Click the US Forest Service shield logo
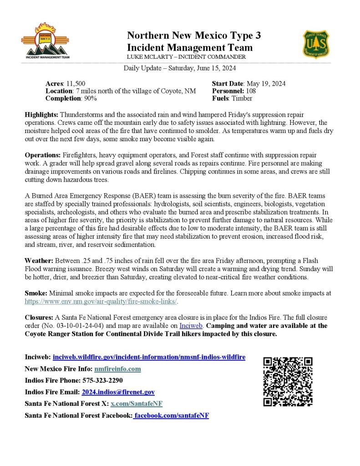tap(317, 44)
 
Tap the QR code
tap(288, 382)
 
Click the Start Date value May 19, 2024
tap(265, 84)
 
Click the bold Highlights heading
tap(41, 115)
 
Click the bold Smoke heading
tap(35, 294)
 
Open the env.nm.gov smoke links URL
tap(101, 302)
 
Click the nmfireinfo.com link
tap(117, 369)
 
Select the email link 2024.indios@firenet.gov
tap(118, 392)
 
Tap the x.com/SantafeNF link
tap(137, 404)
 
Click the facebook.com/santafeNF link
tap(171, 415)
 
